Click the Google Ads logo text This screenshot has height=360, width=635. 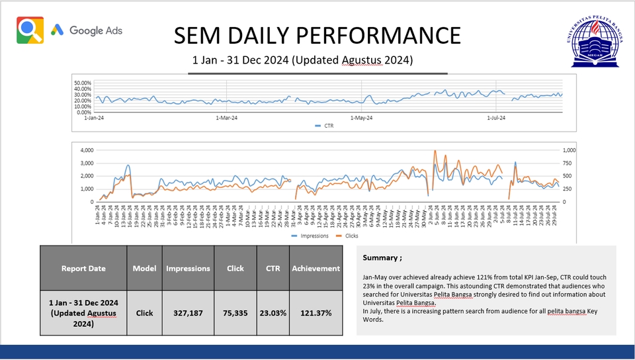pyautogui.click(x=95, y=30)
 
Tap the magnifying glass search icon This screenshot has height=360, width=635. pyautogui.click(x=30, y=30)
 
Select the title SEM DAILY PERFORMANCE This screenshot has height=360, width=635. pyautogui.click(x=317, y=35)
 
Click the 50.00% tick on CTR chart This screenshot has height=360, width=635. pyautogui.click(x=83, y=83)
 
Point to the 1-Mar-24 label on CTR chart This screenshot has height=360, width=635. pyautogui.click(x=227, y=118)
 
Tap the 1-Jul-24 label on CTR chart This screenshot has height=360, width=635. pyautogui.click(x=496, y=118)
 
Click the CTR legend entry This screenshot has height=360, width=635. pyautogui.click(x=324, y=125)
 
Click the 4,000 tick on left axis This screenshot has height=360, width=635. pyautogui.click(x=87, y=150)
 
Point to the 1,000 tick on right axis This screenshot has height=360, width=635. pyautogui.click(x=569, y=150)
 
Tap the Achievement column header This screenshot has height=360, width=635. pyautogui.click(x=316, y=268)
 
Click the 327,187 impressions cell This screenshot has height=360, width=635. pyautogui.click(x=188, y=313)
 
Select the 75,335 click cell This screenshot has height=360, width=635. pyautogui.click(x=235, y=313)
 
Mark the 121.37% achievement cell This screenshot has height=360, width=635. pyautogui.click(x=316, y=313)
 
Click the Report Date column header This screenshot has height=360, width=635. pyautogui.click(x=83, y=268)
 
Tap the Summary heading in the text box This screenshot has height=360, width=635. pyautogui.click(x=382, y=257)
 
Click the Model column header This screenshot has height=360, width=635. pyautogui.click(x=144, y=268)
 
